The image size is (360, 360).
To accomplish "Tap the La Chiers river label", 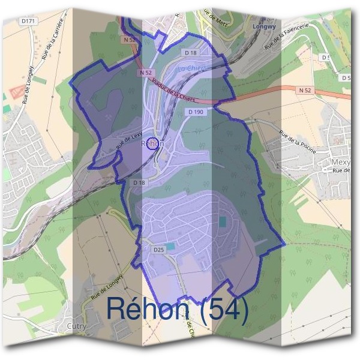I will pyautogui.click(x=193, y=69).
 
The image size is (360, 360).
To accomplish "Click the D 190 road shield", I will pyautogui.click(x=196, y=112).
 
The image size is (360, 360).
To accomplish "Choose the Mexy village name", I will pyautogui.click(x=341, y=162).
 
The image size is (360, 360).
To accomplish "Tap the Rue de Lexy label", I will pyautogui.click(x=128, y=142).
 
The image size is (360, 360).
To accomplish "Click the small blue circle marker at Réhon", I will pyautogui.click(x=153, y=144).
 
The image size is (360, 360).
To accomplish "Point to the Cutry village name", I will pyautogui.click(x=77, y=326).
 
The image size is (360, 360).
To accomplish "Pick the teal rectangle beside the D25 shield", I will pyautogui.click(x=171, y=247).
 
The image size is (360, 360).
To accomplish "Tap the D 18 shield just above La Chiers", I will pyautogui.click(x=191, y=53).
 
